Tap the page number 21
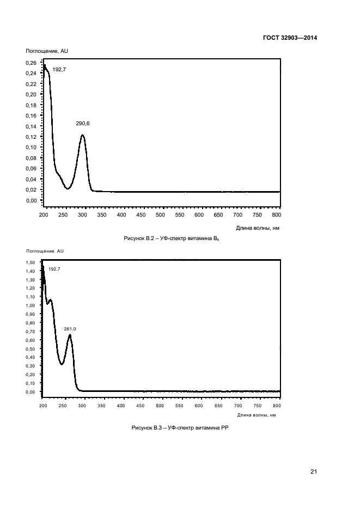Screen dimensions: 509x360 click(313, 471)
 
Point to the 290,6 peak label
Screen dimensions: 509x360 click(83, 124)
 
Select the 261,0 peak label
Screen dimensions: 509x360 click(70, 329)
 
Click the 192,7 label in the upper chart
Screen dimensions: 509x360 click(59, 69)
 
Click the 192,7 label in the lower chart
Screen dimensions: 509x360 click(54, 269)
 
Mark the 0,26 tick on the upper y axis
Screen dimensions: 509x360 click(32, 63)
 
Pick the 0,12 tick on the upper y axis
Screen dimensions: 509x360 click(32, 137)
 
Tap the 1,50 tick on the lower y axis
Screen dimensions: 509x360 click(31, 262)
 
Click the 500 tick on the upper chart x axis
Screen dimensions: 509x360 click(160, 215)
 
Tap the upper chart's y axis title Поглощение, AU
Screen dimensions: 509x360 click(47, 51)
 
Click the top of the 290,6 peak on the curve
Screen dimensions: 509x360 click(82, 135)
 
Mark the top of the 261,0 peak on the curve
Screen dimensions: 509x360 click(70, 335)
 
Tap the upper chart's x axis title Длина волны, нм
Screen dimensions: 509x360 click(258, 228)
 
